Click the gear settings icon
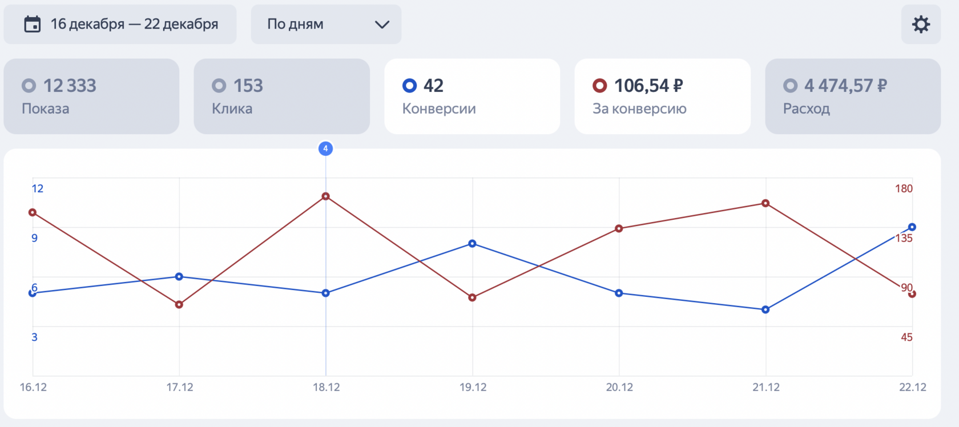click(x=921, y=25)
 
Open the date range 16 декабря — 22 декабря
click(x=120, y=25)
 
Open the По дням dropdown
click(x=326, y=25)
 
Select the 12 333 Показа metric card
click(x=91, y=96)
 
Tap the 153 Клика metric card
click(x=281, y=96)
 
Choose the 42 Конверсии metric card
click(x=472, y=96)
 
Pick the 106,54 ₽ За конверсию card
click(x=662, y=96)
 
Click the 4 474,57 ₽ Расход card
click(x=852, y=96)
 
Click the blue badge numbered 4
click(x=325, y=149)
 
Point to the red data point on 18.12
click(x=325, y=196)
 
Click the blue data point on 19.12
click(x=472, y=244)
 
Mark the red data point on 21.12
click(x=765, y=203)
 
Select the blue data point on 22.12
click(x=912, y=227)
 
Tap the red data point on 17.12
click(x=179, y=305)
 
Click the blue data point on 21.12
click(x=765, y=310)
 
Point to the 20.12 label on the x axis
click(x=619, y=387)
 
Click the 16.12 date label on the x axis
click(x=33, y=387)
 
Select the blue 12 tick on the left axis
click(x=38, y=189)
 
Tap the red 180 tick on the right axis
click(x=904, y=189)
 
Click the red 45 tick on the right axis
click(x=906, y=337)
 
